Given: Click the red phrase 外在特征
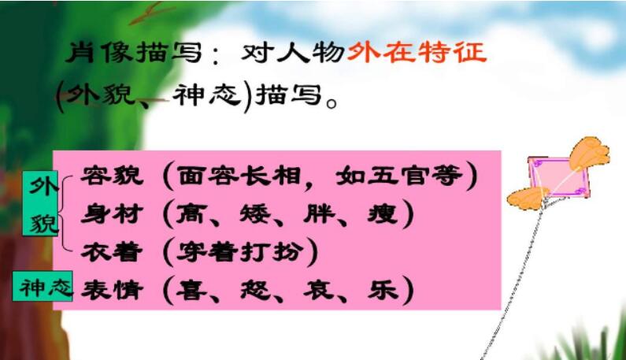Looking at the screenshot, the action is [x=417, y=52].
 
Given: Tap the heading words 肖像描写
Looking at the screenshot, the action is [x=134, y=52].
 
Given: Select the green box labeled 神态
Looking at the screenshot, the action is [x=43, y=286].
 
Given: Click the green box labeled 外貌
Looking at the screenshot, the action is [x=40, y=203].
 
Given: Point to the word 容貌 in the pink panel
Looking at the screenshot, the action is [x=112, y=175].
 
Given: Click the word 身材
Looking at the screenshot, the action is [x=112, y=213].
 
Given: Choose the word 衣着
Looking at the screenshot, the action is [x=112, y=252].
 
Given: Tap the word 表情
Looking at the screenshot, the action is [x=112, y=290].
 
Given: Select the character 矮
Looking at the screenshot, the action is [x=254, y=213].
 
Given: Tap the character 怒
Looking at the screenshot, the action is [x=254, y=290].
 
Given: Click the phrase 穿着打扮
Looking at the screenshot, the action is [x=239, y=252].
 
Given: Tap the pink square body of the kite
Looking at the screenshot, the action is [x=557, y=177].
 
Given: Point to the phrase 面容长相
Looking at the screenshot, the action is [x=239, y=175].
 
